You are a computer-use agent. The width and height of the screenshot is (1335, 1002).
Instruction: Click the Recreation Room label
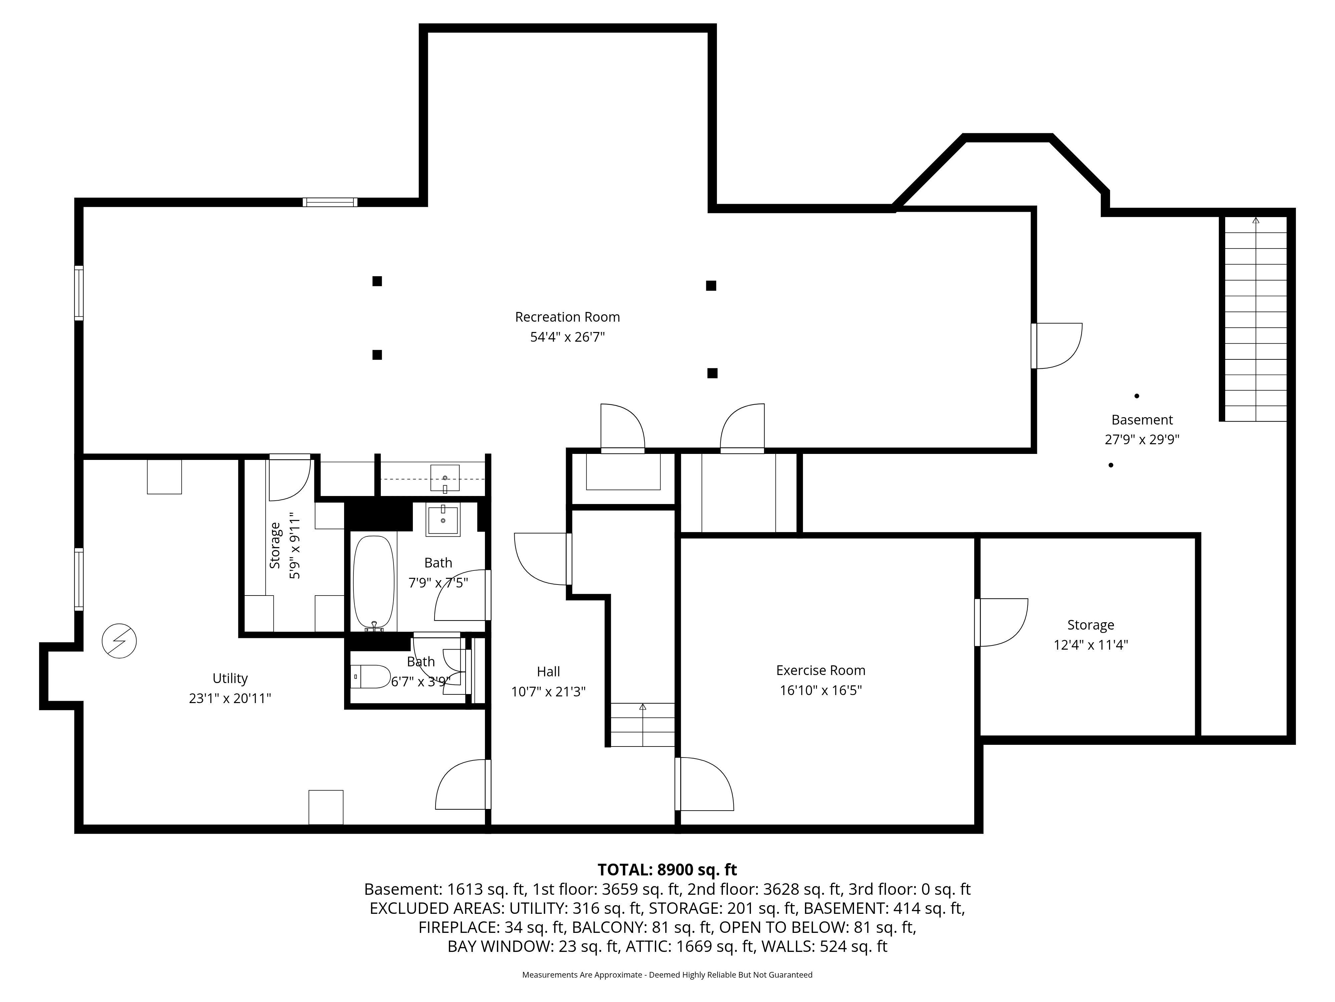pyautogui.click(x=567, y=317)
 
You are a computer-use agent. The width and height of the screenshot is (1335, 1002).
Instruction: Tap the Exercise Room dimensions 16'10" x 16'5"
pyautogui.click(x=821, y=690)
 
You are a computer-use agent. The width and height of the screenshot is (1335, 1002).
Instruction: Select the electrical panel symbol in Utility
pyautogui.click(x=119, y=641)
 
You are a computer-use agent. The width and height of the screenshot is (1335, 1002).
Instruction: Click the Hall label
pyautogui.click(x=549, y=672)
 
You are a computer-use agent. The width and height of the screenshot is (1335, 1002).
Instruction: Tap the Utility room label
pyautogui.click(x=230, y=678)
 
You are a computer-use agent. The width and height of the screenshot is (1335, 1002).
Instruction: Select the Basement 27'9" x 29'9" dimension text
pyautogui.click(x=1142, y=440)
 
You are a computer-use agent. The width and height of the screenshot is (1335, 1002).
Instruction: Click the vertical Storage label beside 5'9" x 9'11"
pyautogui.click(x=275, y=545)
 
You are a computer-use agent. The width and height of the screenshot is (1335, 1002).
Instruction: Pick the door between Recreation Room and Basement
pyautogui.click(x=1056, y=345)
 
